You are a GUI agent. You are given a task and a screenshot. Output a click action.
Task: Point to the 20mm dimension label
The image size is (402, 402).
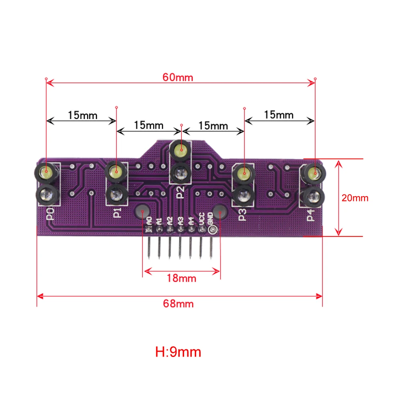[355, 198]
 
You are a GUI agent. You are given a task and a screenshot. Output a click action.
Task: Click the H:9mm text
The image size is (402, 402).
[178, 352]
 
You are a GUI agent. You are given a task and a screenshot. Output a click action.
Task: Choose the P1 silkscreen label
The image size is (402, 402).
[117, 212]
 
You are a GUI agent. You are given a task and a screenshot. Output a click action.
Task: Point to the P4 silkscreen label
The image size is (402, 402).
[311, 215]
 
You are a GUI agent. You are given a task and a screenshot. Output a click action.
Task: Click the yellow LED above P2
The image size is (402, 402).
[180, 151]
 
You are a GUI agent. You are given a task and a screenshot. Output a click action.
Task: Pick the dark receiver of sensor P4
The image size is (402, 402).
[313, 197]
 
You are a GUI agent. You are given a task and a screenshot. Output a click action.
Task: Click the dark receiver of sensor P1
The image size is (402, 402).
[117, 196]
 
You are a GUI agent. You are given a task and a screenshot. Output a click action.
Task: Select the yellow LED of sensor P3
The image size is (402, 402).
[242, 174]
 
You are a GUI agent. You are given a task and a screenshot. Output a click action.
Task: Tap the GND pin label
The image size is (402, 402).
[211, 219]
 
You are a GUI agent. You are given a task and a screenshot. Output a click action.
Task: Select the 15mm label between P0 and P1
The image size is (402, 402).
[82, 115]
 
